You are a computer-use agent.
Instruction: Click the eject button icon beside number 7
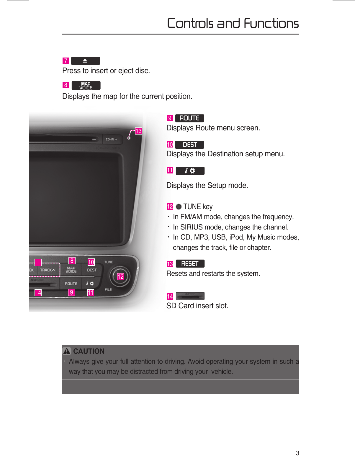click(x=85, y=61)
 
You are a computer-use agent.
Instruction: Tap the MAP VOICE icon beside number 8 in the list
click(x=86, y=85)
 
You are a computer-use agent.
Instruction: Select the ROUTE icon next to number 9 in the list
click(x=189, y=118)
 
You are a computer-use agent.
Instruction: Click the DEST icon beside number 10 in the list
click(x=189, y=145)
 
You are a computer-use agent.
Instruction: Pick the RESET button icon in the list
click(x=190, y=263)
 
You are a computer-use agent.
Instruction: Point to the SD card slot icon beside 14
click(x=190, y=296)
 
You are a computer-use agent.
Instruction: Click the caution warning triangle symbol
click(x=67, y=351)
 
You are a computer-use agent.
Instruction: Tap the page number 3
click(x=297, y=453)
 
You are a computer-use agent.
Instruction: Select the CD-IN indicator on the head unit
click(x=111, y=139)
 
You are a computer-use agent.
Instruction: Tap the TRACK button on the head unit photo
click(x=48, y=270)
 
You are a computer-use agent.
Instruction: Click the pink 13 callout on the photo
click(x=138, y=131)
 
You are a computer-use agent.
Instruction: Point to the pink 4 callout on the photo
click(x=38, y=292)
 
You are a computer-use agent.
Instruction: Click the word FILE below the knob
click(x=108, y=289)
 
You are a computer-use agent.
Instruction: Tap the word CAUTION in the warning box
click(x=89, y=351)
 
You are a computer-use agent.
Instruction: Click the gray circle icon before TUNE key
click(x=179, y=207)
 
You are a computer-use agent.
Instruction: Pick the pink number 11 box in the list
click(x=170, y=171)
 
